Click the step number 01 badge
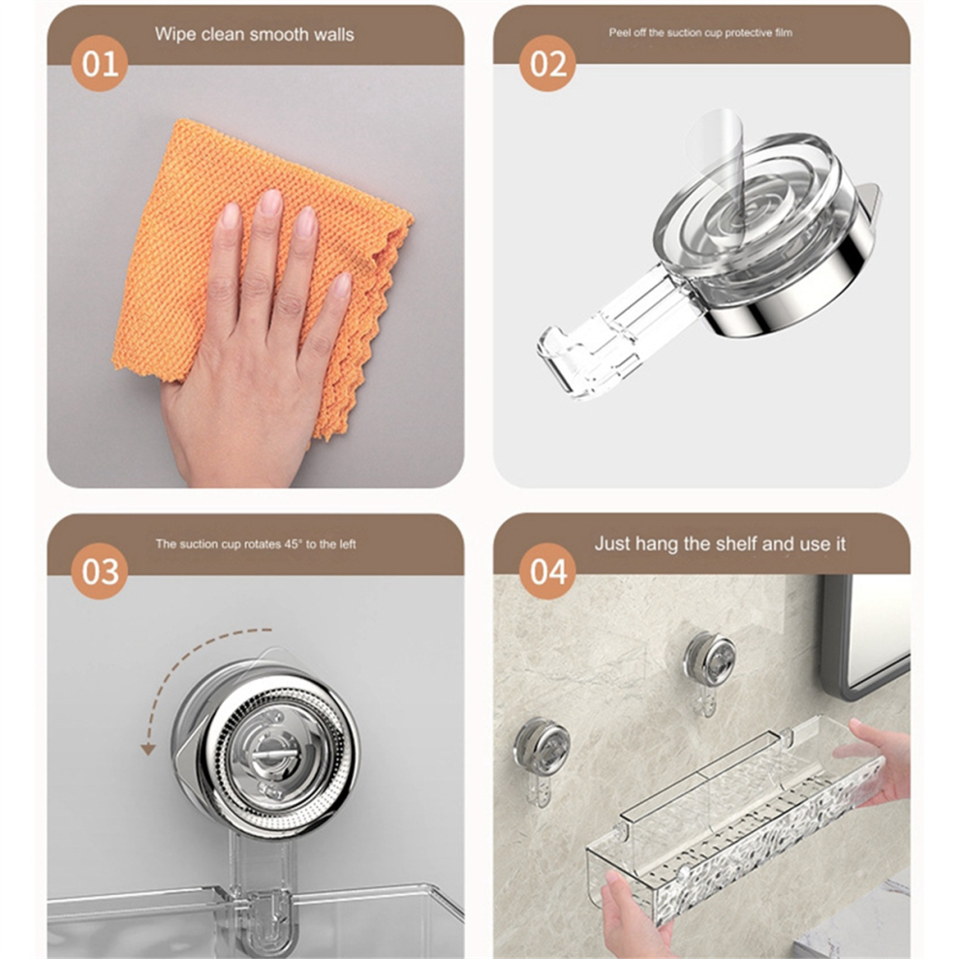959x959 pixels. (x=100, y=64)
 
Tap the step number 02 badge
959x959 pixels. (x=547, y=64)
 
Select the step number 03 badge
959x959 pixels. (x=100, y=572)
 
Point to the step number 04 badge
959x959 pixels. (x=547, y=572)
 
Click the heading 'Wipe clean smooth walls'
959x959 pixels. (x=255, y=34)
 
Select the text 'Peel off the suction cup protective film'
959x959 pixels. (x=700, y=33)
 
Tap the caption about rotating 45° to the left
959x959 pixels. (x=256, y=543)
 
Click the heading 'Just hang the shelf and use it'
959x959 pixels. (x=720, y=543)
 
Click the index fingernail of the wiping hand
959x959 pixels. (x=269, y=202)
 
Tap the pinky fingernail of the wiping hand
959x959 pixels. (x=342, y=285)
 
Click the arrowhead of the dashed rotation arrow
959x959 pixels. (x=147, y=749)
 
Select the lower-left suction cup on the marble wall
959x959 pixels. (x=541, y=745)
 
